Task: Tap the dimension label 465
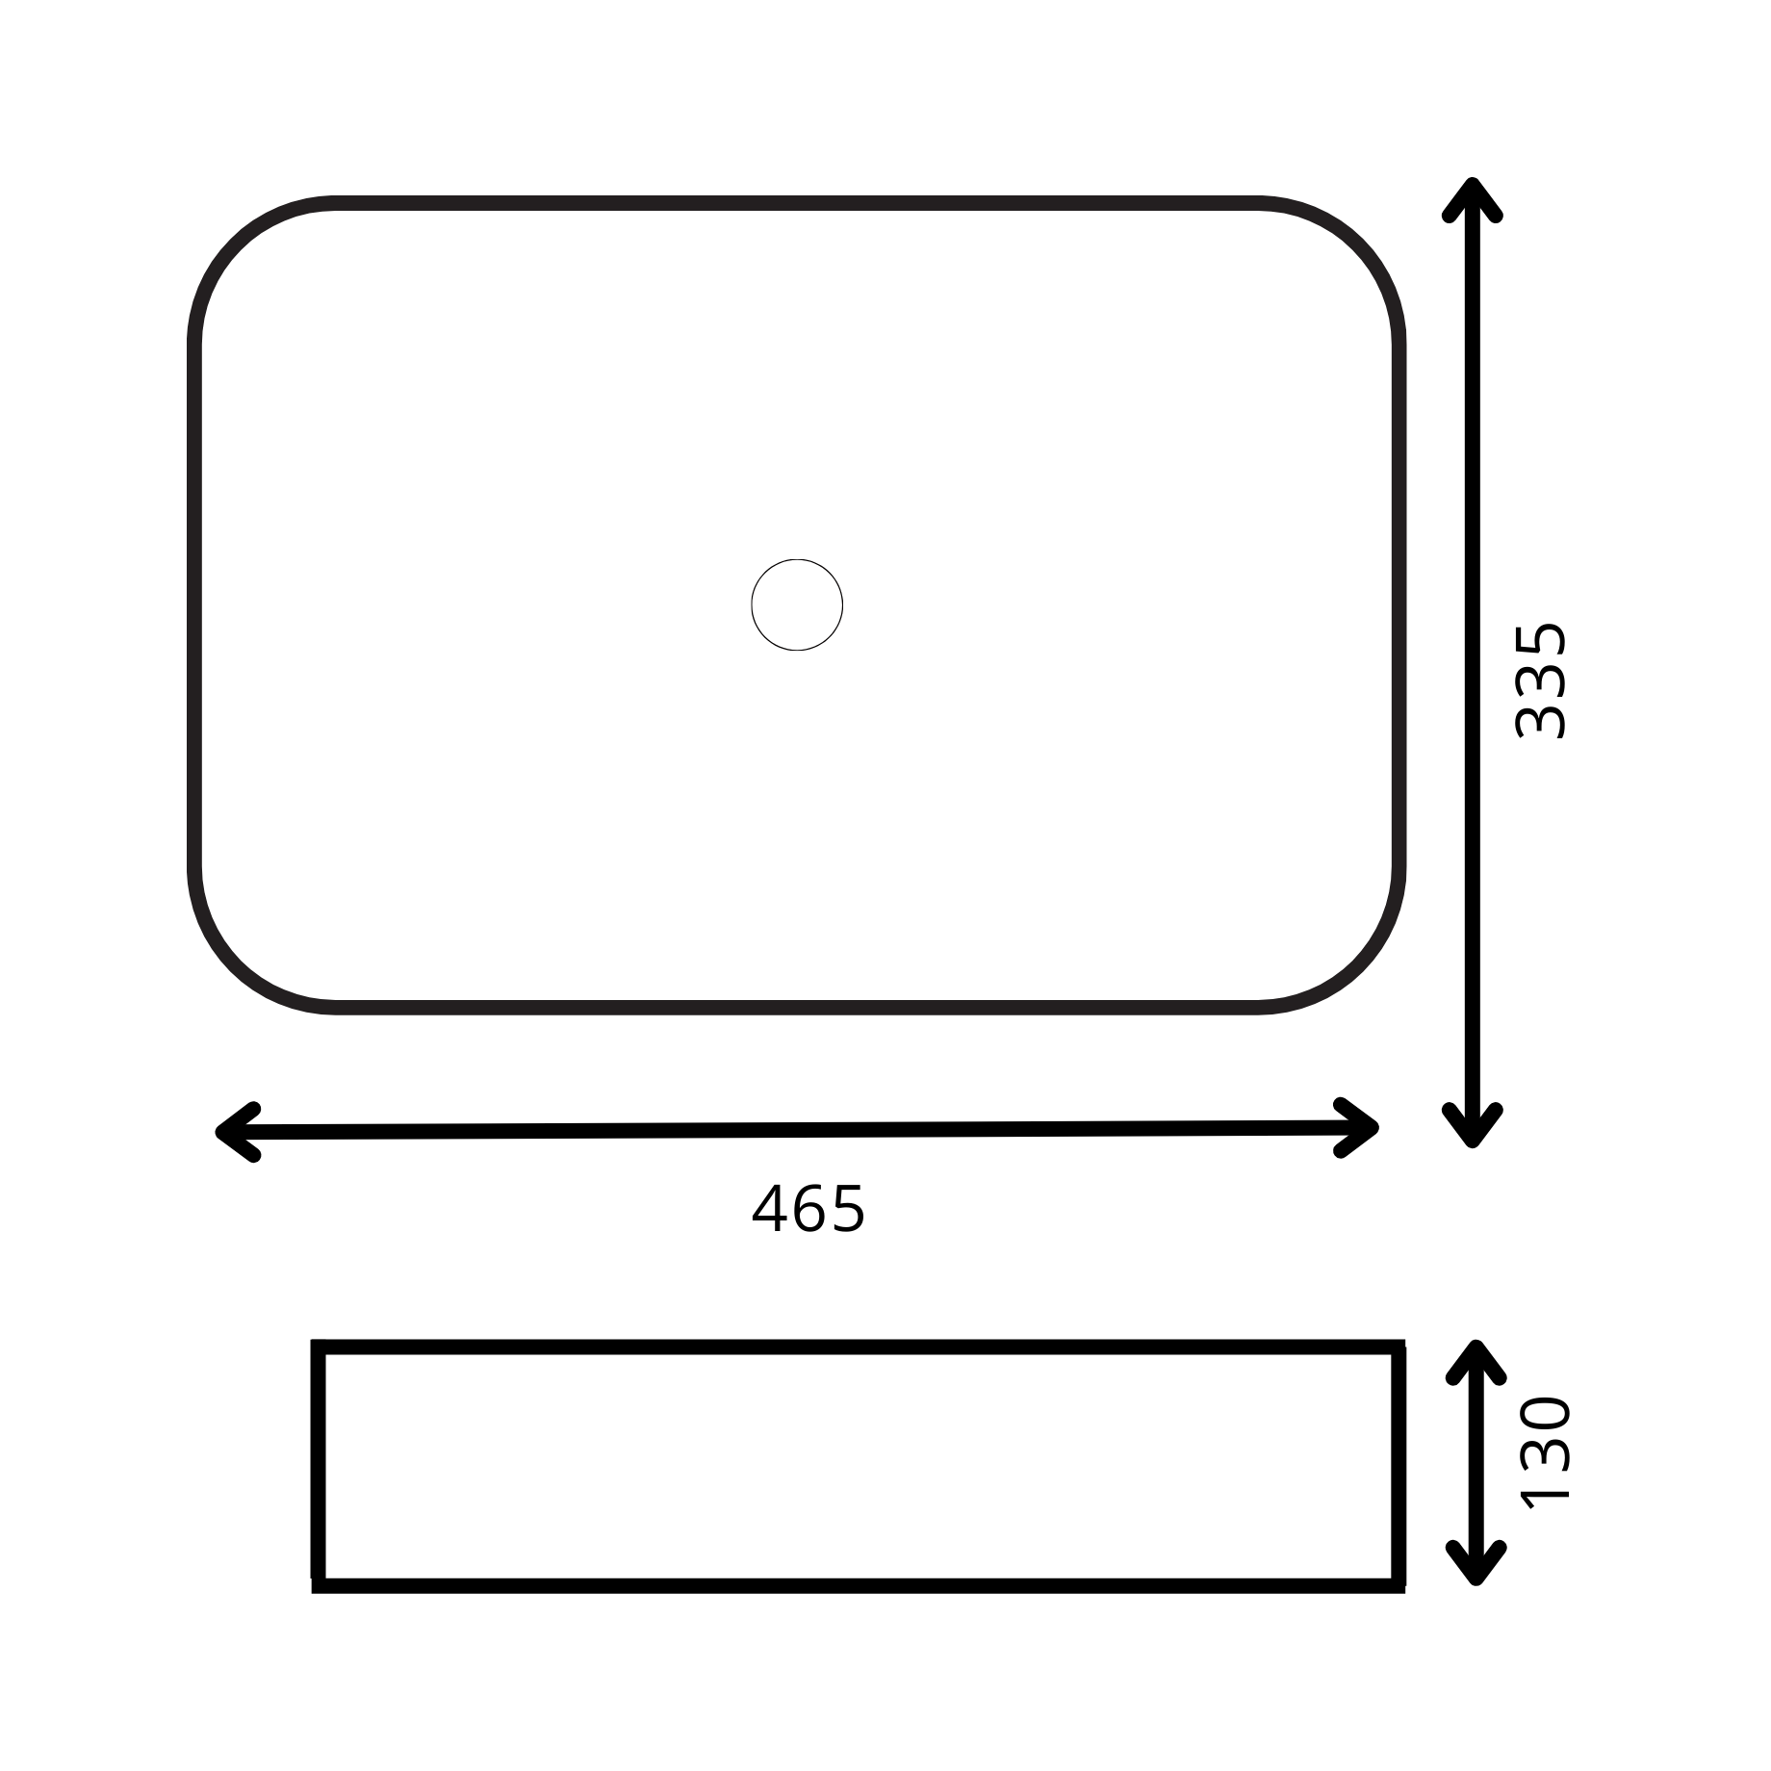[x=808, y=1209]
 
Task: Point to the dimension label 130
[x=1544, y=1450]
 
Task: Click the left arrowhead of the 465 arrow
[x=237, y=1132]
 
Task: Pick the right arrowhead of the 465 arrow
[x=1358, y=1127]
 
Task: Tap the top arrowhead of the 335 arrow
[x=1473, y=198]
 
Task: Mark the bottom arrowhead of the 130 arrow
[x=1476, y=1563]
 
